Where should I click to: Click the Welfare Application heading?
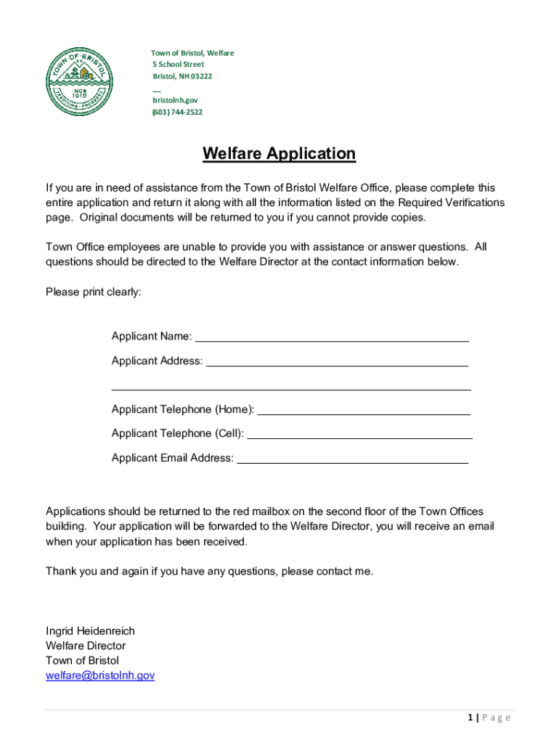pyautogui.click(x=279, y=154)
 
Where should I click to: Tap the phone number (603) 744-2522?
pyautogui.click(x=177, y=112)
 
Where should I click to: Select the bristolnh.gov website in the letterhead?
pyautogui.click(x=174, y=100)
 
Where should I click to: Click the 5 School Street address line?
pyautogui.click(x=178, y=65)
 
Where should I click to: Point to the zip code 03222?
pyautogui.click(x=201, y=76)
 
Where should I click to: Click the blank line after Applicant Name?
pyautogui.click(x=332, y=339)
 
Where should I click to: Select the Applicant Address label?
pyautogui.click(x=157, y=361)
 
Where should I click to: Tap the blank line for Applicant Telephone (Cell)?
pyautogui.click(x=359, y=437)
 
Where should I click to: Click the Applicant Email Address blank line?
pyautogui.click(x=352, y=461)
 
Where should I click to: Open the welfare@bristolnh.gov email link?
pyautogui.click(x=100, y=676)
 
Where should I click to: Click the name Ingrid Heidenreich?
pyautogui.click(x=90, y=631)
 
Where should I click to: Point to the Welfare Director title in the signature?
pyautogui.click(x=86, y=646)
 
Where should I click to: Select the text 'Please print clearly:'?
pyautogui.click(x=94, y=292)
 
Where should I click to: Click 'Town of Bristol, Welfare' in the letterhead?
pyautogui.click(x=192, y=53)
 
